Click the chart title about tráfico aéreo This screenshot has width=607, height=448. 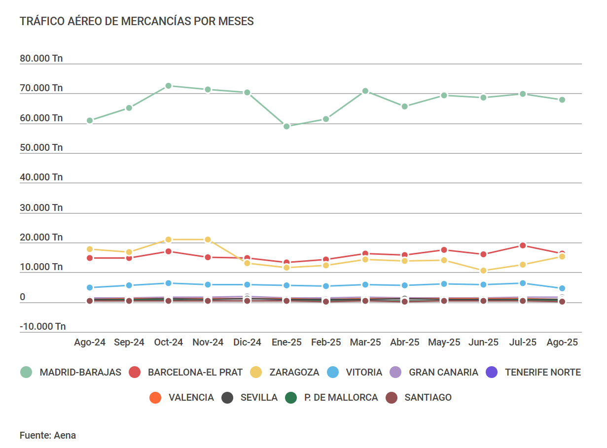(137, 21)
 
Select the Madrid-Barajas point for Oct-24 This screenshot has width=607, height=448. (168, 86)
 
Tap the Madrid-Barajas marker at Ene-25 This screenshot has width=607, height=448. (286, 126)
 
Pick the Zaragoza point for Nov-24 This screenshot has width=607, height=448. (208, 240)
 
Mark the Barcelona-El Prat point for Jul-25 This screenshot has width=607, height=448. (523, 245)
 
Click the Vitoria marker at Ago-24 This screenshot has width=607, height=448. (90, 287)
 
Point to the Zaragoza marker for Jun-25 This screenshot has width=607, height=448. (483, 271)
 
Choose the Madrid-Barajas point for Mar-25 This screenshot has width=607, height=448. (365, 91)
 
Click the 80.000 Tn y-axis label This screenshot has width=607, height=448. (41, 59)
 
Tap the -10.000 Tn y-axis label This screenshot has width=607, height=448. (43, 326)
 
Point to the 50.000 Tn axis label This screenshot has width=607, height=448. (41, 148)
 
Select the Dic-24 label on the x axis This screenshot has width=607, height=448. (247, 343)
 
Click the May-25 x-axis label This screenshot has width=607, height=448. (444, 343)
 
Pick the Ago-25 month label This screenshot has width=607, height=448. (562, 343)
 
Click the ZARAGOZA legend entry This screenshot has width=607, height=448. (294, 372)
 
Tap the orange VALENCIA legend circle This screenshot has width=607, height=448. (155, 397)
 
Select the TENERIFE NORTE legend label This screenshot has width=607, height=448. (542, 372)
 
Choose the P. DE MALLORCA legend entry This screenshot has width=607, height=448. (341, 397)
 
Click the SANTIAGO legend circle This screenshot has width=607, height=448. (392, 397)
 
